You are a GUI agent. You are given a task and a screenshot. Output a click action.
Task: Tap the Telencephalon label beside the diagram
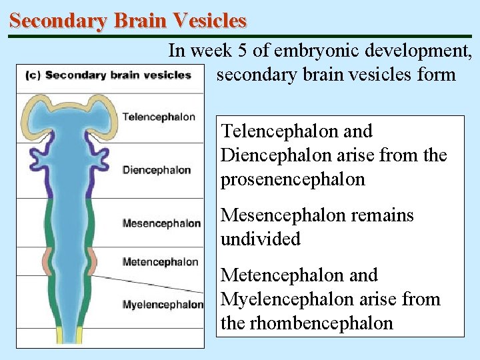159,117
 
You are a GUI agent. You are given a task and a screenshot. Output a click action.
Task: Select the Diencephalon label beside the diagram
156,170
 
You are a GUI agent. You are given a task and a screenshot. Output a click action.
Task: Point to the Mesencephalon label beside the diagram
161,223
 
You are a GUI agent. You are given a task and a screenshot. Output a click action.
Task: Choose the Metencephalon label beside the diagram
160,262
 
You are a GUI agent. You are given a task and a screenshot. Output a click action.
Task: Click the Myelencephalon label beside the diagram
163,305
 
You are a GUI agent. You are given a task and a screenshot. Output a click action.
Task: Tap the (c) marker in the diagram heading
32,75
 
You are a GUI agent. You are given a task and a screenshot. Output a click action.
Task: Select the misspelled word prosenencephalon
293,179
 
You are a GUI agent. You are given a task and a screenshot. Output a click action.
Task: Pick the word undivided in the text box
261,239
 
